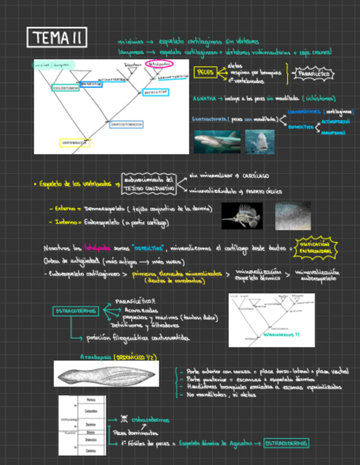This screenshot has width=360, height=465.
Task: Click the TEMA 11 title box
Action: (57, 38)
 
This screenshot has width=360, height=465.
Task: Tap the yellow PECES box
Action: (205, 72)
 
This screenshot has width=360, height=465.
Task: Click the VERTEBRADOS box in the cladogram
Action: (75, 143)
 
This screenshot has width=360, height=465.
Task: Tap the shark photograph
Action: (216, 142)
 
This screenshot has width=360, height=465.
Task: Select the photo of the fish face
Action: (260, 141)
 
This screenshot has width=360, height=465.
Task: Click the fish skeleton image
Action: (241, 216)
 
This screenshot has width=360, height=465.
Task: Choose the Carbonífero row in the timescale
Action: (92, 411)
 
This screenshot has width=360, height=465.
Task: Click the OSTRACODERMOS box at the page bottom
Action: (285, 443)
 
